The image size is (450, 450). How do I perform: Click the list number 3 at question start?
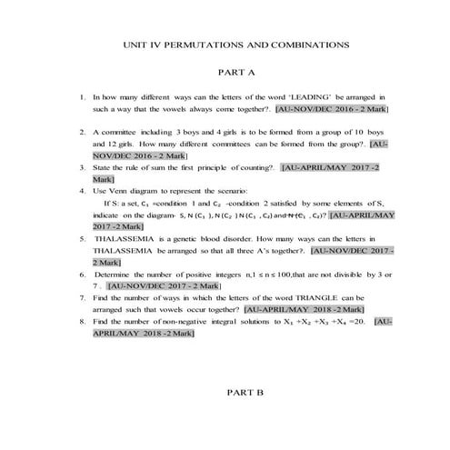coord(83,168)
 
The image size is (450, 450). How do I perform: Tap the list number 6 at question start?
coord(83,273)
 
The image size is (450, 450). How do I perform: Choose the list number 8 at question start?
coord(83,322)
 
